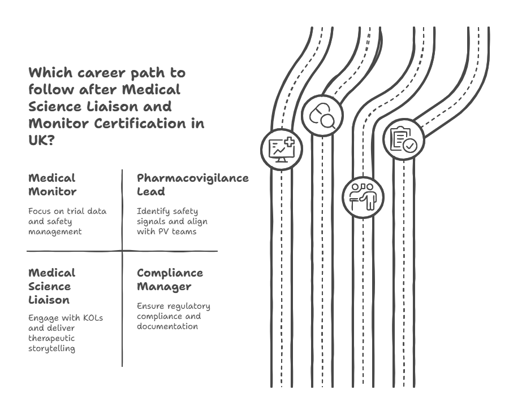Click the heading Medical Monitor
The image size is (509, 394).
(53, 185)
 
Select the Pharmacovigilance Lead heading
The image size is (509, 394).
(193, 185)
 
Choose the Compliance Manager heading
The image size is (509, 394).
(170, 279)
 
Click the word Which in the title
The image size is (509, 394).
(49, 73)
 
